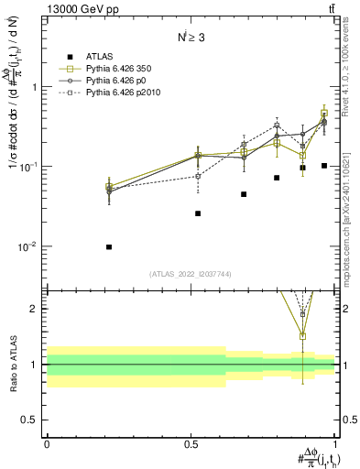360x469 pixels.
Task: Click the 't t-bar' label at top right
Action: [329, 9]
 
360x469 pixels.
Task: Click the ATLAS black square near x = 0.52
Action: [197, 213]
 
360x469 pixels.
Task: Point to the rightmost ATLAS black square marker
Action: [324, 166]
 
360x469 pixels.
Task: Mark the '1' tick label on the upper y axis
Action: [34, 87]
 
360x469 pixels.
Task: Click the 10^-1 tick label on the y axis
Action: [30, 167]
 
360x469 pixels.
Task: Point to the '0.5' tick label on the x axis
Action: [191, 443]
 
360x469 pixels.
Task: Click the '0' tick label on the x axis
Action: [47, 443]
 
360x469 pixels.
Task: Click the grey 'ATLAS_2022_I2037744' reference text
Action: [191, 274]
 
